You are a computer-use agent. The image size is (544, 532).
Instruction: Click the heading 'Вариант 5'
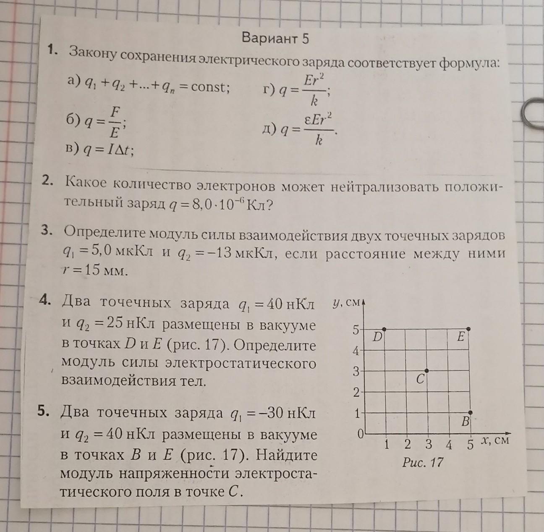(275, 39)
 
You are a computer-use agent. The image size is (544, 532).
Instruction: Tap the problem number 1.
(52, 50)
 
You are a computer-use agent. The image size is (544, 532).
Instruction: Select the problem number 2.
(47, 181)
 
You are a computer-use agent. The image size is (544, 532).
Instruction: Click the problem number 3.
(47, 231)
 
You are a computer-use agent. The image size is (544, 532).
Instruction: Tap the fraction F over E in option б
(114, 122)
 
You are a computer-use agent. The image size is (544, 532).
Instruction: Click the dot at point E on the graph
(469, 328)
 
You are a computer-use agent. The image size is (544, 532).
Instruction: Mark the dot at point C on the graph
(427, 370)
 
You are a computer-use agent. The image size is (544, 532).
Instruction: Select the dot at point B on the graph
(470, 412)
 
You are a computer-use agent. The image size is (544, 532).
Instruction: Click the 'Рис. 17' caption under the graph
(423, 462)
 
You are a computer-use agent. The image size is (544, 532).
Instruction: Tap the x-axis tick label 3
(428, 444)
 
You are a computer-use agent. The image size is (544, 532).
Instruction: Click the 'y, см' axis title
(346, 302)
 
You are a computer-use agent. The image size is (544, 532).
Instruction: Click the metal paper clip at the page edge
(532, 112)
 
